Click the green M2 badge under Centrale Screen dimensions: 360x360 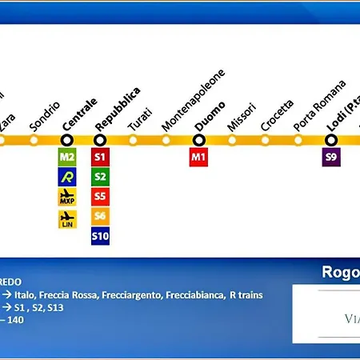(67, 157)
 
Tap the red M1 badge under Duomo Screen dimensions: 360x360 (199, 157)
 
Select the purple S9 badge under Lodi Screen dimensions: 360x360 (331, 157)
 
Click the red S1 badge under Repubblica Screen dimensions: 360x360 (100, 157)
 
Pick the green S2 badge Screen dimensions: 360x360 (100, 176)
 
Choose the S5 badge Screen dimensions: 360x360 (100, 196)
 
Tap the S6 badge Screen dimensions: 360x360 (100, 216)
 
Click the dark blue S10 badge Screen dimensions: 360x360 (100, 236)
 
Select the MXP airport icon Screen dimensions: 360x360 (67, 196)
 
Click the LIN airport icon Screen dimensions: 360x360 (67, 217)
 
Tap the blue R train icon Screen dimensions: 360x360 (67, 176)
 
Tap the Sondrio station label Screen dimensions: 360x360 (44, 116)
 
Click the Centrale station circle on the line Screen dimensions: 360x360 (67, 140)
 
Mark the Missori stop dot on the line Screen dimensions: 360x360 (232, 140)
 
